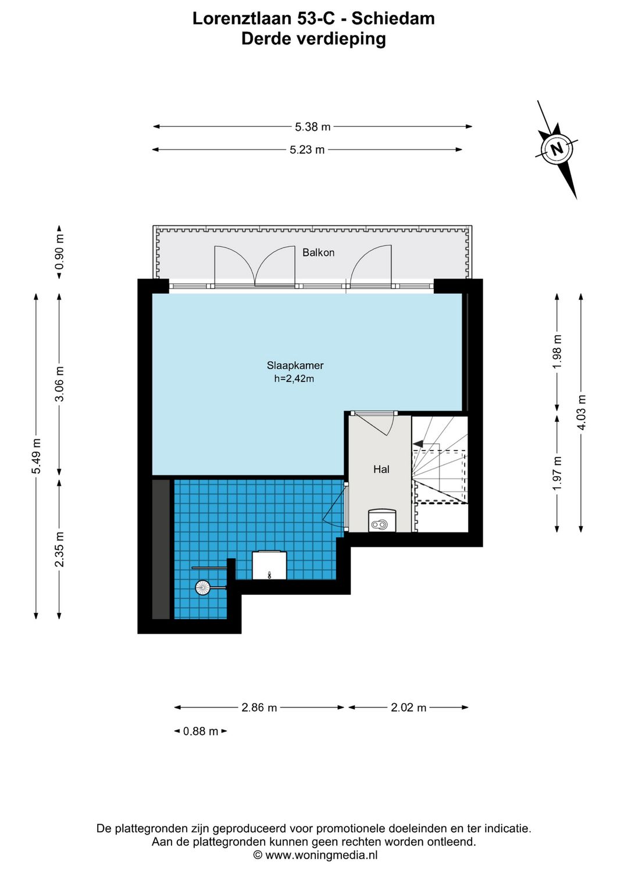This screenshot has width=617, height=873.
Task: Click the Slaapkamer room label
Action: point(295,365)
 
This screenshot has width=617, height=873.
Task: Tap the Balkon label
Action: point(318,253)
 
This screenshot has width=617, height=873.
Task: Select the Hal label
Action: point(381,469)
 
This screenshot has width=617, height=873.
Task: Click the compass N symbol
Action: point(557,148)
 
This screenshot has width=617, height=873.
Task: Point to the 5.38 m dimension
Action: point(312,127)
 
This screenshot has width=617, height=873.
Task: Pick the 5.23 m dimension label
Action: point(307,150)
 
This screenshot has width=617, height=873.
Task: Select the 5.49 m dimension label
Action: point(36,455)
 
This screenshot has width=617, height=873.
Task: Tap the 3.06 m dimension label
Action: point(59,384)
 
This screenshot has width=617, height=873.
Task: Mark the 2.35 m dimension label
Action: point(59,549)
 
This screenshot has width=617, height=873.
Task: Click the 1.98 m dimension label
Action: point(557,352)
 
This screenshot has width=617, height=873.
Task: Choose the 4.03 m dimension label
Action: point(581,412)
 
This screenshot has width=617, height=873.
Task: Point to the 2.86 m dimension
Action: point(259,708)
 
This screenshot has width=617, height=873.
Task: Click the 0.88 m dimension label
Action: point(201,732)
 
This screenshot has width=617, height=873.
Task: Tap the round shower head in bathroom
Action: point(202,588)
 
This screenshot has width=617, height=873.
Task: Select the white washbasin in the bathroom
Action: point(269,565)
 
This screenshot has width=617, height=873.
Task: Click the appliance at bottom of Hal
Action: point(382,521)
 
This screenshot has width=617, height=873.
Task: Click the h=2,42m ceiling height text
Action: point(294,379)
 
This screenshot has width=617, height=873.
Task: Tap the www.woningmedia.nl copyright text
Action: point(316,855)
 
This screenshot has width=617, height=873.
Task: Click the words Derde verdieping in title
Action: point(313,39)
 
